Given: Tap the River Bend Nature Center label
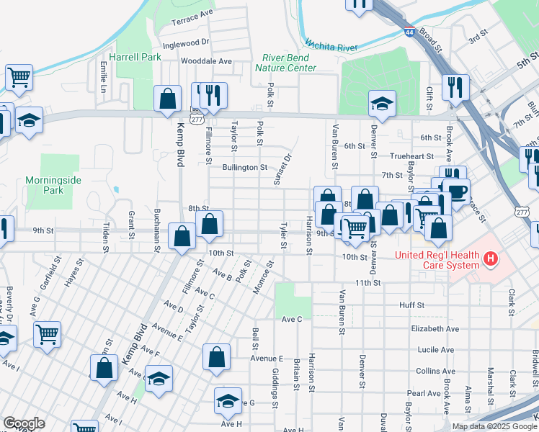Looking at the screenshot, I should click(285, 63).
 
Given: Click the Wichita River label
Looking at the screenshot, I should click(331, 45).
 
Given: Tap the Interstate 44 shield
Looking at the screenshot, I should click(409, 32).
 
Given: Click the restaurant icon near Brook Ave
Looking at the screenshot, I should click(455, 87).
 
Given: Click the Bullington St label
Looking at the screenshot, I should click(244, 167).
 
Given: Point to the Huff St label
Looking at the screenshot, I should click(411, 305).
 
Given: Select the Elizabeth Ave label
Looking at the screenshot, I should click(435, 328).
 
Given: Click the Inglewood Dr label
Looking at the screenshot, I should click(186, 42).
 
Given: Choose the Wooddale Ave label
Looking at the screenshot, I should click(206, 61).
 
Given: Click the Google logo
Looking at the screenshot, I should click(24, 423).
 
